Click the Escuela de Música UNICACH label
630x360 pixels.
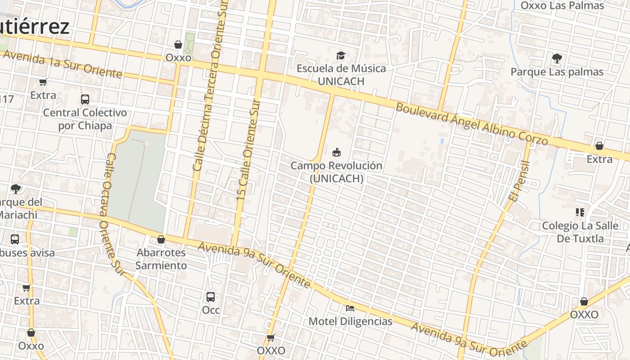(341, 75)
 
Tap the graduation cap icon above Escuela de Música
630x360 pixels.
(341, 55)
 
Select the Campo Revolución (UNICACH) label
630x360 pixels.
(336, 172)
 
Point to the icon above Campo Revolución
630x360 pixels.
(336, 152)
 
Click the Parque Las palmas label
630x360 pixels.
(557, 72)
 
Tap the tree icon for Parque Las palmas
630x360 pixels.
(557, 58)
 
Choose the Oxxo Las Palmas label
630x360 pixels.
(562, 6)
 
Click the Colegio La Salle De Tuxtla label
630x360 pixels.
(580, 232)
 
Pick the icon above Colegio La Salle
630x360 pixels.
(580, 212)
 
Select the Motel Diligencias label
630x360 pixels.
(350, 321)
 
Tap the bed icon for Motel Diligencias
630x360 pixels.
(350, 308)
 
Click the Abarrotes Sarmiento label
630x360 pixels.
(161, 259)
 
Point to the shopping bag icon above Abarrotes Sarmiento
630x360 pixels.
(161, 239)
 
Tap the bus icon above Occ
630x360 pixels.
(210, 297)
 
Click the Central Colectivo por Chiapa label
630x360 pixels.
(85, 119)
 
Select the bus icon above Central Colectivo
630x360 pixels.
(85, 99)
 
